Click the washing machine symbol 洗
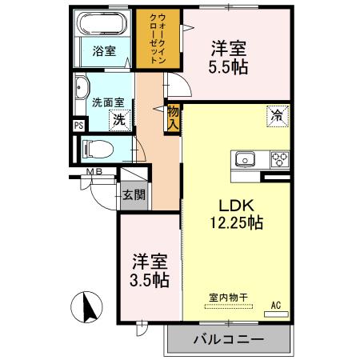118,120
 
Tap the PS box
78,125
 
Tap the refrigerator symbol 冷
274,117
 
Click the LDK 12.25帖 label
233,213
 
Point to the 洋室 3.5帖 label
150,270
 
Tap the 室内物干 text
228,298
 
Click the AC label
275,306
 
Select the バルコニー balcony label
228,339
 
